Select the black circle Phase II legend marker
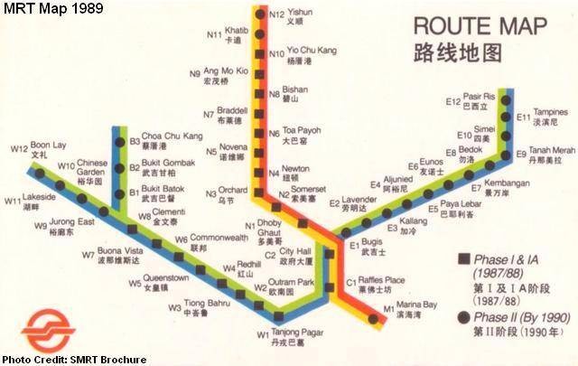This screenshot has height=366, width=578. (462, 316)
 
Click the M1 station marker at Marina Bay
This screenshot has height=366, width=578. (370, 317)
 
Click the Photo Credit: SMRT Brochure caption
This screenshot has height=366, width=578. (73, 359)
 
